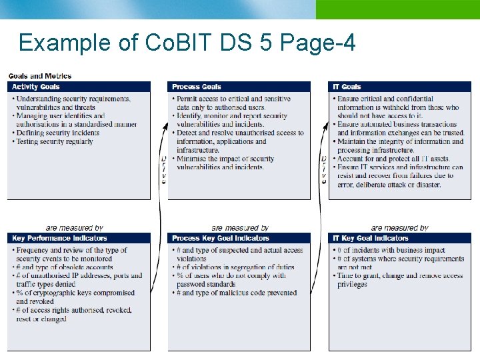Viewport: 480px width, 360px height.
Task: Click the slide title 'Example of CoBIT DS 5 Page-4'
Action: [x=187, y=43]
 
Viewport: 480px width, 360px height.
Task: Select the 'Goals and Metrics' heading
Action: [x=40, y=76]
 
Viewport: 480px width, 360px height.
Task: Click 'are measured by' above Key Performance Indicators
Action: [x=74, y=228]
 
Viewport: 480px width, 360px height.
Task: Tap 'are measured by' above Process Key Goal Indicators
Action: [x=240, y=228]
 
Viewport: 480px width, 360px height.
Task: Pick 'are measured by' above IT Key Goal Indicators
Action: [x=399, y=228]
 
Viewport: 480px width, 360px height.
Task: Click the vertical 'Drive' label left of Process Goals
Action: [x=164, y=169]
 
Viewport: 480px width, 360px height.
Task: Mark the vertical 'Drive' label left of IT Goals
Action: [x=324, y=169]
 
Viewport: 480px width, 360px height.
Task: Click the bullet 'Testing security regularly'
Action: [x=55, y=141]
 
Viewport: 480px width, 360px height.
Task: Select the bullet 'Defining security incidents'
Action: [x=57, y=133]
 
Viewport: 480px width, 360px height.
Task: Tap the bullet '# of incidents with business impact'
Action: [x=391, y=250]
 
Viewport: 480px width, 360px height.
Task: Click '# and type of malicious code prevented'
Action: [x=236, y=293]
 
